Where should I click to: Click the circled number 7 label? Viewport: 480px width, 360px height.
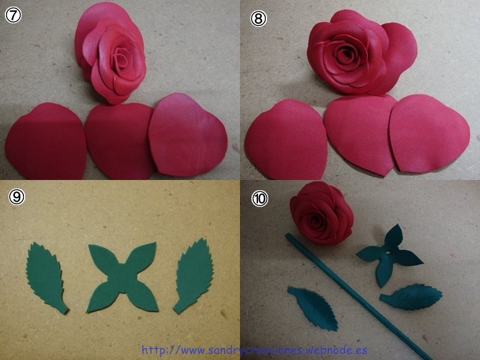point(13,16)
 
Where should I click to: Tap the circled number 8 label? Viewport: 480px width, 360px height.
point(259,19)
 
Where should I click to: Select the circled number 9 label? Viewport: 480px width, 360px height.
point(17,197)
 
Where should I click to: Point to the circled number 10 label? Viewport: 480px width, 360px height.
point(260,199)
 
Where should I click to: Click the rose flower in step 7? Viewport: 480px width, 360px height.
point(110,52)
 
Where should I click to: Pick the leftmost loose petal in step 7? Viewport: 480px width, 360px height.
point(46,142)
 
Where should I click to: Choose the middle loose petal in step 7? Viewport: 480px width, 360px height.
point(119,141)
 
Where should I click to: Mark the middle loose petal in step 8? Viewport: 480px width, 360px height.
point(358,134)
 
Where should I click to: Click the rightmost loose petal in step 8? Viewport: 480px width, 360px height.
point(429,134)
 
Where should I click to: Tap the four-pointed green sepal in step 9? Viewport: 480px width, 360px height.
point(122,277)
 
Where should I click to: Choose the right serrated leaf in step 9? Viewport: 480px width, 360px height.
point(193,275)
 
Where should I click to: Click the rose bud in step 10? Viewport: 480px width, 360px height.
point(322,213)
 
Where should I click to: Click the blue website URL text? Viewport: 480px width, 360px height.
point(254,350)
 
